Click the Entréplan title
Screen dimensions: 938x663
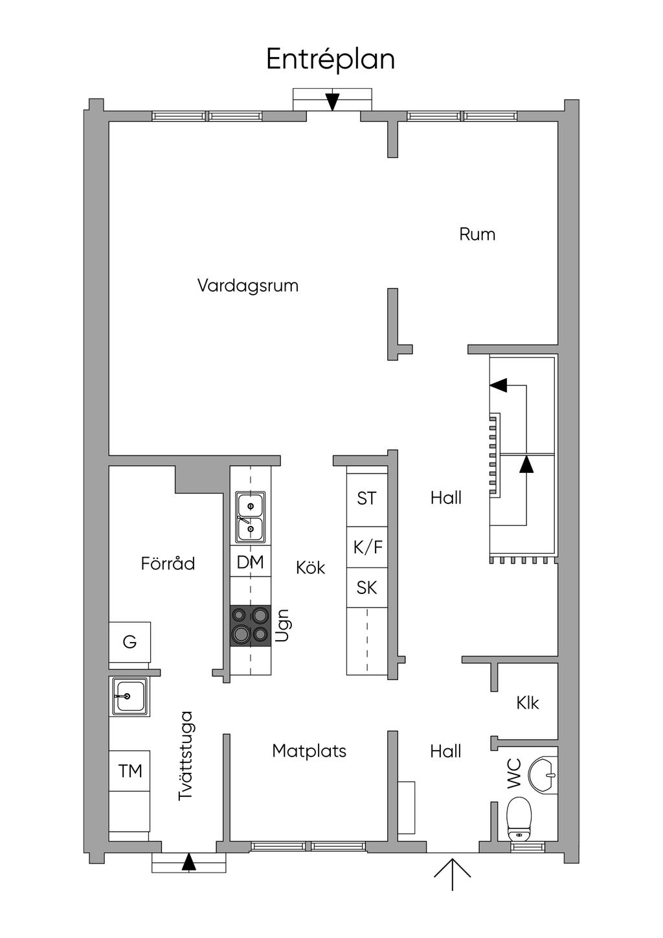pyautogui.click(x=330, y=59)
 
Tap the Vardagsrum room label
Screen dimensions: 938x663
pyautogui.click(x=248, y=286)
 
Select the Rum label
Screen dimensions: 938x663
pyautogui.click(x=477, y=234)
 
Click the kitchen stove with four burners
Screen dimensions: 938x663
pyautogui.click(x=251, y=626)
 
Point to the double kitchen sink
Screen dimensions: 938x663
pyautogui.click(x=251, y=516)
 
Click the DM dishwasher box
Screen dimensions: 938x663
pyautogui.click(x=251, y=562)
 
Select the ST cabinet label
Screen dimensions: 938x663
pyautogui.click(x=366, y=498)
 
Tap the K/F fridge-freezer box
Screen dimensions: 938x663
pyautogui.click(x=367, y=547)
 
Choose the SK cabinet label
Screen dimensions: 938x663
pyautogui.click(x=366, y=588)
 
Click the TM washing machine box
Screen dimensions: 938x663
pyautogui.click(x=129, y=771)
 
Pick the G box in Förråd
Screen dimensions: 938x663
pyautogui.click(x=129, y=642)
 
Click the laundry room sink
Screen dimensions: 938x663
pyautogui.click(x=129, y=696)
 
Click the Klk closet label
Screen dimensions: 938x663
pyautogui.click(x=528, y=703)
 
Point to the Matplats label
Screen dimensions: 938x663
pyautogui.click(x=309, y=751)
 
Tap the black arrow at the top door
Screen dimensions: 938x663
pyautogui.click(x=332, y=102)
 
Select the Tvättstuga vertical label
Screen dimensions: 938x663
pyautogui.click(x=186, y=756)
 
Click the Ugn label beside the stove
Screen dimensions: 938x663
pyautogui.click(x=282, y=626)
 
